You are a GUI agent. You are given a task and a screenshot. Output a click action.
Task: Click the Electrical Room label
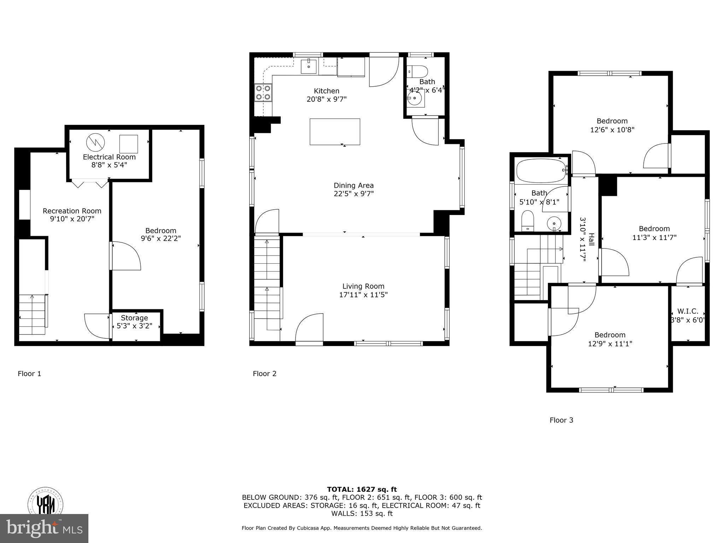pyautogui.click(x=109, y=157)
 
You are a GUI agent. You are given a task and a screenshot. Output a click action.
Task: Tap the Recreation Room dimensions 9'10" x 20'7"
pyautogui.click(x=72, y=219)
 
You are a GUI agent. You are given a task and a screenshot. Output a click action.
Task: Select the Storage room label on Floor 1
pyautogui.click(x=134, y=318)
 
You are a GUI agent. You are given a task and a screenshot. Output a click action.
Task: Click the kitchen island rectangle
pyautogui.click(x=335, y=132)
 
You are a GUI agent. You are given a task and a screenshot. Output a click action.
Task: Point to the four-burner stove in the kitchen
pyautogui.click(x=263, y=92)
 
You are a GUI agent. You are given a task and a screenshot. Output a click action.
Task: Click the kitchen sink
pyautogui.click(x=309, y=66)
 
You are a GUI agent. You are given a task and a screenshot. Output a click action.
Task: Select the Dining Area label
pyautogui.click(x=354, y=185)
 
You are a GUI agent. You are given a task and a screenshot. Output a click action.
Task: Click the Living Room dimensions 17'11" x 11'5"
pyautogui.click(x=363, y=294)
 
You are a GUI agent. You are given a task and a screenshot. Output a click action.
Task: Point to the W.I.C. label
pyautogui.click(x=688, y=311)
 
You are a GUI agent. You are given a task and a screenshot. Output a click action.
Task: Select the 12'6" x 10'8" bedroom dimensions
pyautogui.click(x=612, y=130)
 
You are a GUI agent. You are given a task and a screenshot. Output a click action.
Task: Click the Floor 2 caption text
pyautogui.click(x=264, y=374)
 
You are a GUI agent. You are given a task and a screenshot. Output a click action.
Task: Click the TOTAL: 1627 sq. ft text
pyautogui.click(x=362, y=489)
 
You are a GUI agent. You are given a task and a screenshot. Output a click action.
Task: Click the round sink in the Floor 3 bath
pyautogui.click(x=554, y=224)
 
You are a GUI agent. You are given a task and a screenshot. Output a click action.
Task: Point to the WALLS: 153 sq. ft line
pyautogui.click(x=362, y=514)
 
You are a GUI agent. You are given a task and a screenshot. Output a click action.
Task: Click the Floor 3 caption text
pyautogui.click(x=561, y=420)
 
